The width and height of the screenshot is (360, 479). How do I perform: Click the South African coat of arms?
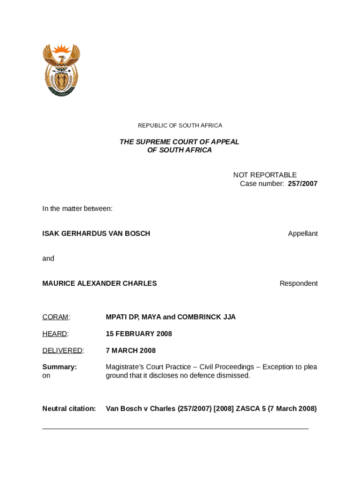point(61,70)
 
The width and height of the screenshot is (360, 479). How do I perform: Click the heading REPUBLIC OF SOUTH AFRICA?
point(180,125)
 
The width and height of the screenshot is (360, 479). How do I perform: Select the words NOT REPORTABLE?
point(265,175)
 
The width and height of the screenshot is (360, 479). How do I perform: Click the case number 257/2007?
point(302,184)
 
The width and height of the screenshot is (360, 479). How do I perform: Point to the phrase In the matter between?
point(77,209)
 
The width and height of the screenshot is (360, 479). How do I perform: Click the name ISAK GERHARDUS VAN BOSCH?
point(96,233)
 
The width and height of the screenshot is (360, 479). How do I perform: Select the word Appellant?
point(302,233)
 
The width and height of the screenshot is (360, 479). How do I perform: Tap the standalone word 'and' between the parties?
point(48,258)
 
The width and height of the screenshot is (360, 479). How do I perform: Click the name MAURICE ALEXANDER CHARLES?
point(100,283)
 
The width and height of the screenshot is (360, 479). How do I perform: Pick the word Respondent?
point(298,283)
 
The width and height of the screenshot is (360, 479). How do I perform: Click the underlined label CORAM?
point(55,317)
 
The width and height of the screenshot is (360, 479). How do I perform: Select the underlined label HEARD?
point(55,334)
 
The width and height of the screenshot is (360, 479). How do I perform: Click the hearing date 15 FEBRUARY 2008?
point(139,334)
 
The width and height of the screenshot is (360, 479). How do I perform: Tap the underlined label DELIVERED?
point(62,351)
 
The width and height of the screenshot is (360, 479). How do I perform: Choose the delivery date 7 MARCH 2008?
point(130,351)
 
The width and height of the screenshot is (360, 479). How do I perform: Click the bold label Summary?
point(59,367)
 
